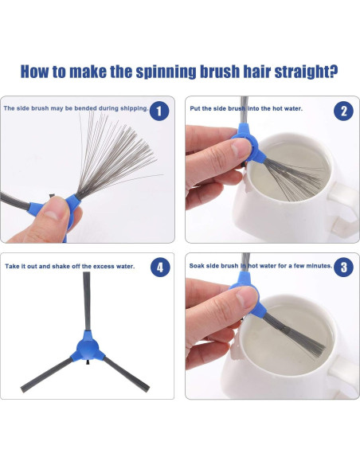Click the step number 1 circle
pyautogui.click(x=159, y=111)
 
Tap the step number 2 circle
pyautogui.click(x=343, y=111)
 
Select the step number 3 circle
pyautogui.click(x=343, y=267)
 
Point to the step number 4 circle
pyautogui.click(x=160, y=267)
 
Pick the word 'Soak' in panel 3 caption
pyautogui.click(x=196, y=266)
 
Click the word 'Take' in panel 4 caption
pyautogui.click(x=12, y=266)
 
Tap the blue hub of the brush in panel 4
pyautogui.click(x=88, y=347)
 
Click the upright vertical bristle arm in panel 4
pyautogui.click(x=87, y=301)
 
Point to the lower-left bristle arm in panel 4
pyautogui.click(x=46, y=374)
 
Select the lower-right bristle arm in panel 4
pyautogui.click(x=127, y=373)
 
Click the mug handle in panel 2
pyautogui.click(x=345, y=208)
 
